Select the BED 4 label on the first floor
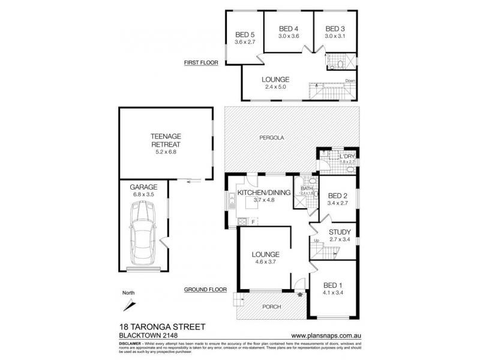point(289,29)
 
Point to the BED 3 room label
point(335,29)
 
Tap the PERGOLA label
point(272,137)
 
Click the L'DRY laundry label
point(347,156)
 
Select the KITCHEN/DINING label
point(264,193)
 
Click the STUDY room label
point(340,232)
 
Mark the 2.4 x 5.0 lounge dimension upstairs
point(276,87)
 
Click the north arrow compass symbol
point(128,303)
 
